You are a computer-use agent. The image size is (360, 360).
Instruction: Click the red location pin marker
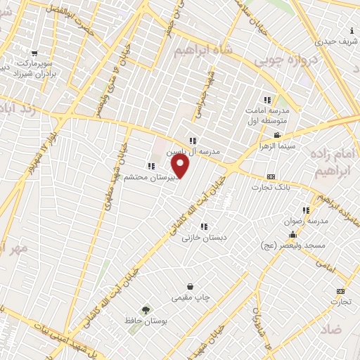[181, 166]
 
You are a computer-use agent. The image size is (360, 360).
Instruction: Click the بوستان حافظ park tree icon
[146, 309]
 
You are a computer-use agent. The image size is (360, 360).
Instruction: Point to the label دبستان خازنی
[204, 238]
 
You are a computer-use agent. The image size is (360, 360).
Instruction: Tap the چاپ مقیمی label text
[191, 298]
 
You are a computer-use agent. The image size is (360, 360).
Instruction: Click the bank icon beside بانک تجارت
[271, 176]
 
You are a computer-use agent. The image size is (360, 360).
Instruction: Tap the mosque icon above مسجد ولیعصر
[292, 235]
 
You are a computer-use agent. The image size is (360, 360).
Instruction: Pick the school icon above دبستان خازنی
[204, 226]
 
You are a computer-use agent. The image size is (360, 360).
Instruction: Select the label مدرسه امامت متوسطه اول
[271, 115]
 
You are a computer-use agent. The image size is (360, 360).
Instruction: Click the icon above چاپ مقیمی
[191, 287]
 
